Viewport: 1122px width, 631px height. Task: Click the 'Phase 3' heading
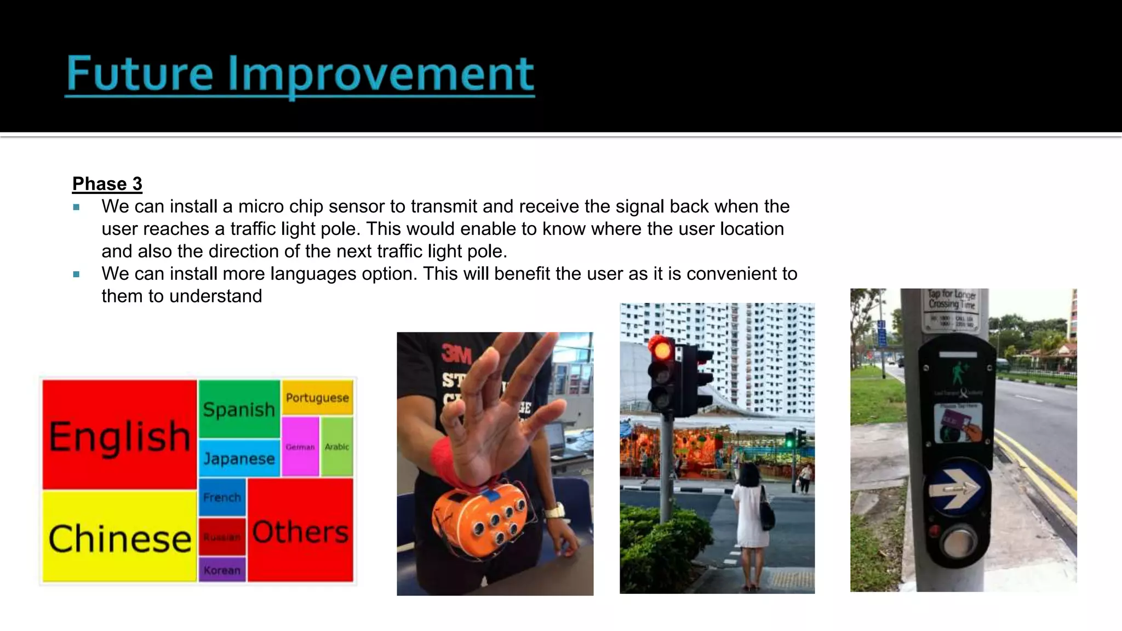(x=107, y=184)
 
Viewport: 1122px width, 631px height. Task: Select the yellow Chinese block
(x=119, y=537)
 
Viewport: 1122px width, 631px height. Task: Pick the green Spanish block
(x=239, y=409)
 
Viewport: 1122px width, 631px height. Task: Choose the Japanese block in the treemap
(x=239, y=458)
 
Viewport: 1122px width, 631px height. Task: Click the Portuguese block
(x=317, y=398)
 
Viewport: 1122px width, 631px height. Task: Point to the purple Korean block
(x=222, y=570)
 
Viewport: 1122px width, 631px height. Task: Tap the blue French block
(x=222, y=497)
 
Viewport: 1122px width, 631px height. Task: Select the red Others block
(x=300, y=531)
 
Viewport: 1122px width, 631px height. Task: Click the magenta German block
(x=300, y=447)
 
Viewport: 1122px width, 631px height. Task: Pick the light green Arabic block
(x=337, y=447)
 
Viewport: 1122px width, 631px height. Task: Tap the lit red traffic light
(x=662, y=349)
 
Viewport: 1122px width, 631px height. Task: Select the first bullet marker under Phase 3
(x=76, y=207)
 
